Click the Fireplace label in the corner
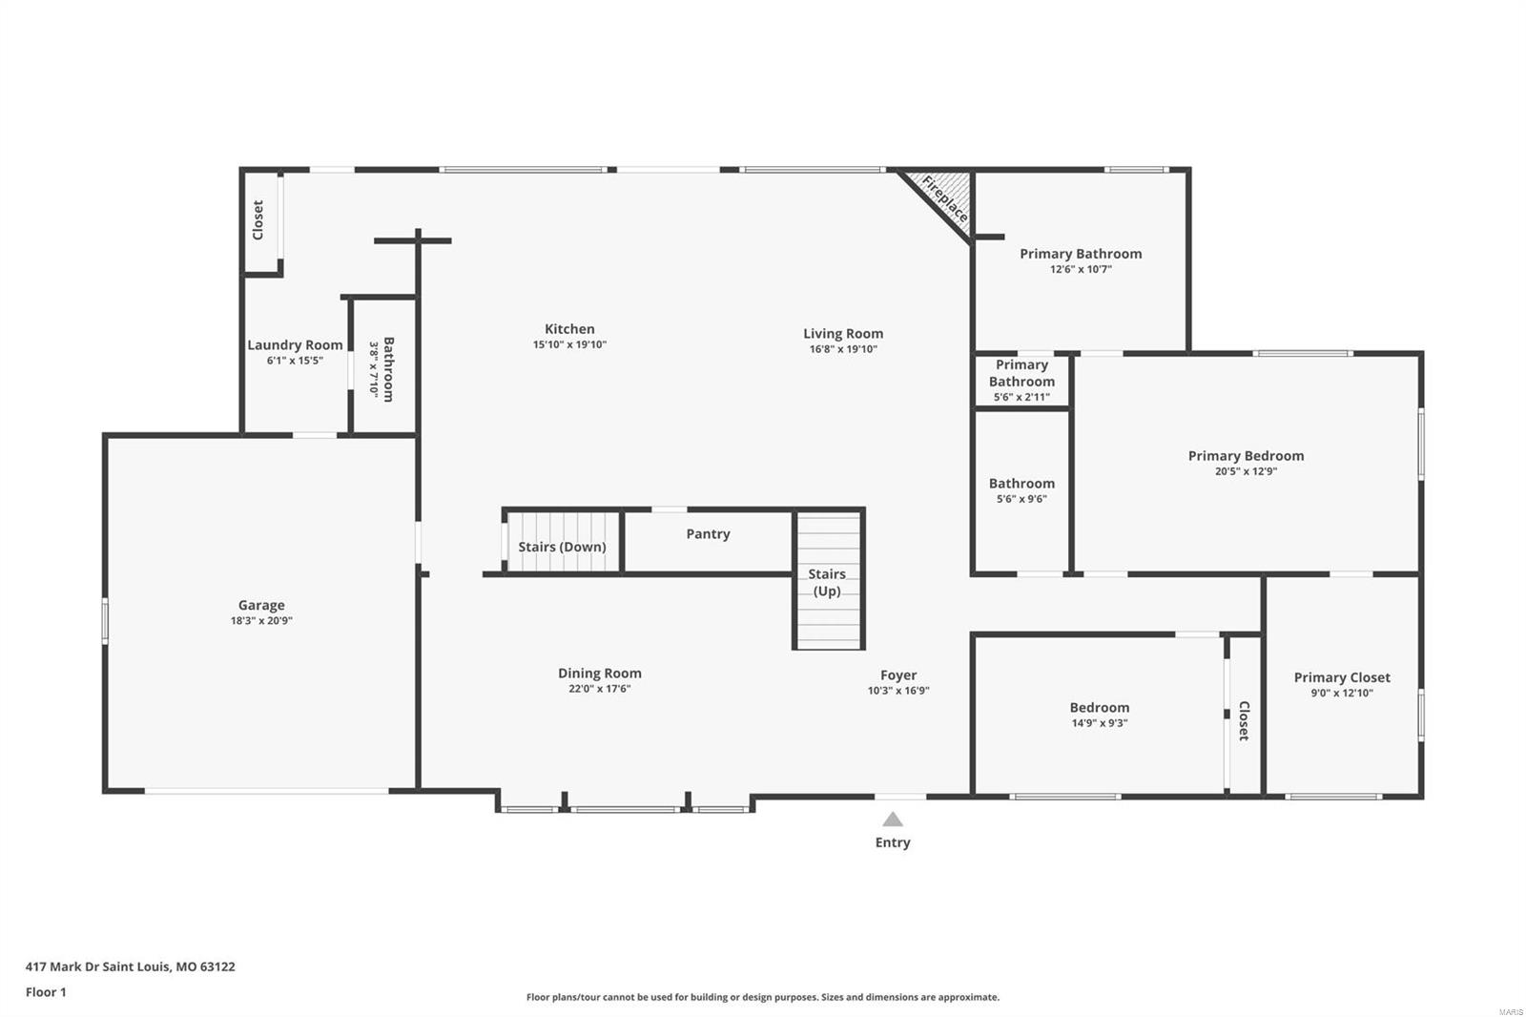click(x=944, y=198)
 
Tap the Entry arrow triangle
click(x=893, y=820)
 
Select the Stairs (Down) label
click(x=562, y=547)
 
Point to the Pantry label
click(x=708, y=534)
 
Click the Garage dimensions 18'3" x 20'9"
click(x=261, y=621)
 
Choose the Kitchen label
click(x=569, y=329)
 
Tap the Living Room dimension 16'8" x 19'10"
click(x=843, y=349)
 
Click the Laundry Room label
click(x=295, y=345)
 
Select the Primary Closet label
click(x=1341, y=677)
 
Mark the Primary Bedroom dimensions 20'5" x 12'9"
click(x=1246, y=471)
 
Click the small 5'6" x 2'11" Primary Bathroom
click(x=1021, y=381)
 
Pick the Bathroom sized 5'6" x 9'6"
click(x=1021, y=490)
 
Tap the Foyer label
click(x=898, y=675)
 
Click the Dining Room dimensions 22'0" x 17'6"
click(x=599, y=689)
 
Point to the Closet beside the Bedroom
click(x=1244, y=720)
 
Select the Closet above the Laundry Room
click(x=258, y=219)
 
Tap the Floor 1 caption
click(x=46, y=992)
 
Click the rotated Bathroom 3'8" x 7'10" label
click(x=381, y=368)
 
